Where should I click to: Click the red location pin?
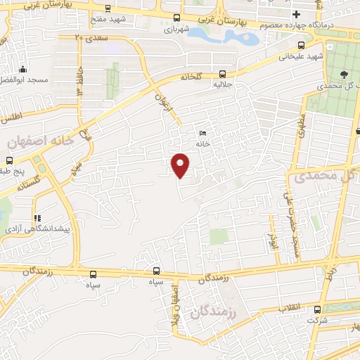pyautogui.click(x=181, y=165)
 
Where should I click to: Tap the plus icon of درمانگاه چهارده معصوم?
pyautogui.click(x=296, y=14)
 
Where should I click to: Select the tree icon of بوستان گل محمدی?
pyautogui.click(x=343, y=73)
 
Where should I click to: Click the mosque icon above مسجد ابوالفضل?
pyautogui.click(x=23, y=69)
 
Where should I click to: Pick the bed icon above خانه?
pyautogui.click(x=203, y=134)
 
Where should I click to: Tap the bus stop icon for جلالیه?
pyautogui.click(x=223, y=73)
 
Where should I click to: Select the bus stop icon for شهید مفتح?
pyautogui.click(x=107, y=9)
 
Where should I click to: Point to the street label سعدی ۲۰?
pyautogui.click(x=91, y=37)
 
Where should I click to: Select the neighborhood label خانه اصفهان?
pyautogui.click(x=41, y=141)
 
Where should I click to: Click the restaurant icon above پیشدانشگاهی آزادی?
pyautogui.click(x=37, y=218)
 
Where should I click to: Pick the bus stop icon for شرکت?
pyautogui.click(x=317, y=309)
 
